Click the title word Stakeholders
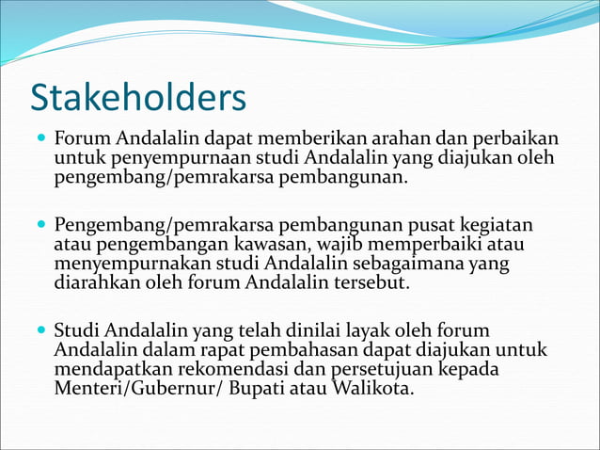click(x=138, y=97)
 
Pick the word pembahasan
click(x=288, y=349)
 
